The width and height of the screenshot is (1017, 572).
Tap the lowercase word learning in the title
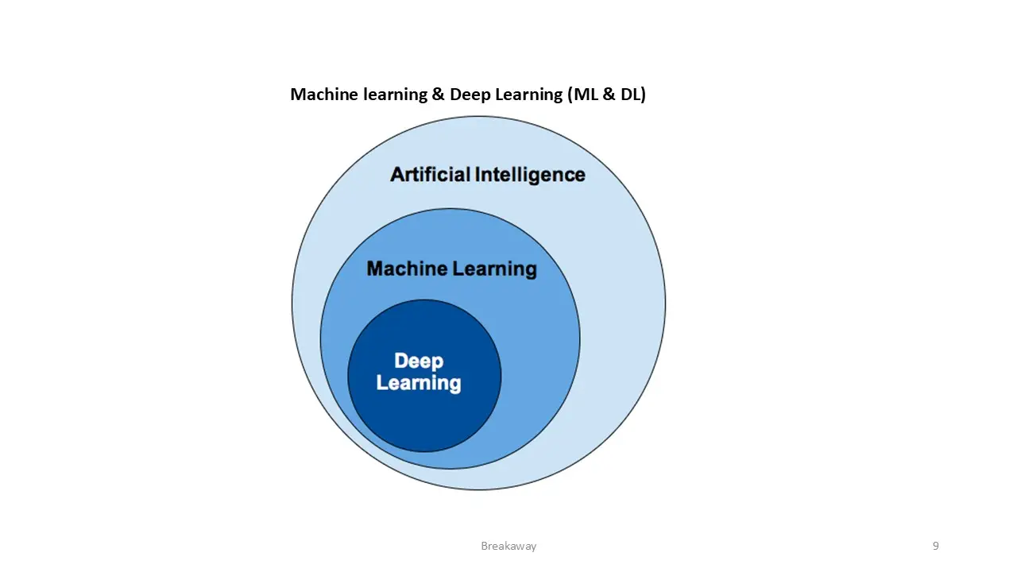click(x=396, y=95)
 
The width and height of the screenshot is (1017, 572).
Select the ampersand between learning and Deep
click(x=439, y=95)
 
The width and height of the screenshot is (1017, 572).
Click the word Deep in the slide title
click(x=469, y=95)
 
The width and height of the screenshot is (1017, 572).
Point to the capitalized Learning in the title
click(x=528, y=95)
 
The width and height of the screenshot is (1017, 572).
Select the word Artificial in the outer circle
click(x=431, y=174)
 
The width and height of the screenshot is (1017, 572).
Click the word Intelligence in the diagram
click(x=530, y=176)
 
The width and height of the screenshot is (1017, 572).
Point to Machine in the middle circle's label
click(x=407, y=269)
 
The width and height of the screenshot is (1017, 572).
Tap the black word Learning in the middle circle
click(x=494, y=269)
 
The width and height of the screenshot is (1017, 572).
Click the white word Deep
click(x=419, y=361)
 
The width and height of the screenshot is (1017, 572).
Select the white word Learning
click(x=419, y=383)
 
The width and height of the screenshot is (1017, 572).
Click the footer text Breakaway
click(x=508, y=546)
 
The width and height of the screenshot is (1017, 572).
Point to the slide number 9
click(x=936, y=546)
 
